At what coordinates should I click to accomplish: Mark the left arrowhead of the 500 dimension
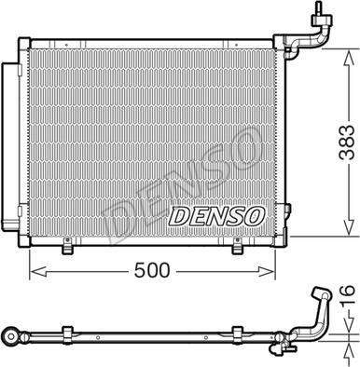click(x=35, y=271)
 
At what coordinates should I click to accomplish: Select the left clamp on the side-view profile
click(x=66, y=333)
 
